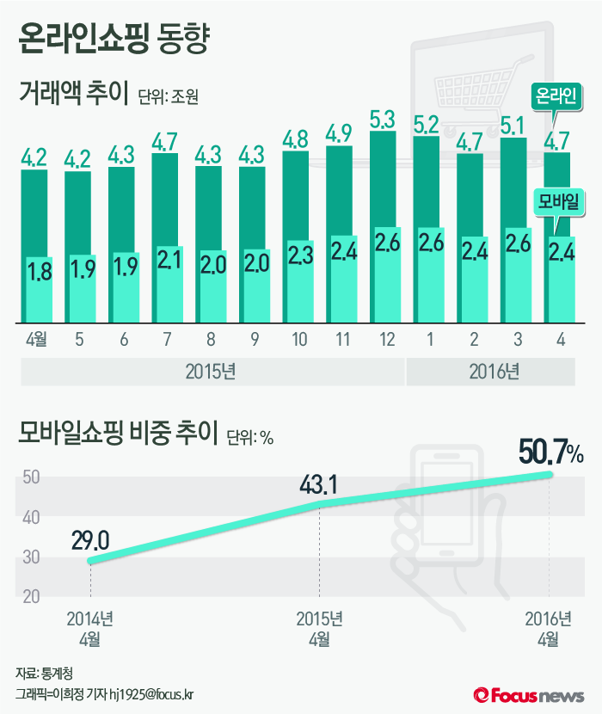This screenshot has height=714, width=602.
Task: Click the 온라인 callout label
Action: (x=556, y=93)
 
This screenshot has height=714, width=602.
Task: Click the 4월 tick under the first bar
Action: (x=36, y=340)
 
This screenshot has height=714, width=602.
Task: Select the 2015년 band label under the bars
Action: (x=212, y=372)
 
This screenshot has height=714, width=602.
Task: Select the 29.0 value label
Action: (x=89, y=541)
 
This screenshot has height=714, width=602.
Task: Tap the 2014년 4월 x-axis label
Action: (x=89, y=628)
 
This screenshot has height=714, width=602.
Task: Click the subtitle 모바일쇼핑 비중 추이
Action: (x=119, y=435)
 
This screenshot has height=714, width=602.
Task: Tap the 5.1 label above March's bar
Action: (x=513, y=127)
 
